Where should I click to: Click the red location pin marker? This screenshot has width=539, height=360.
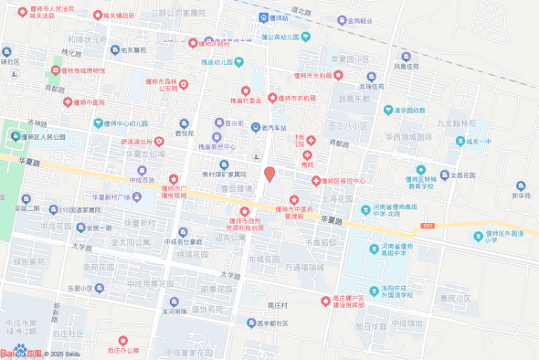[x=269, y=173]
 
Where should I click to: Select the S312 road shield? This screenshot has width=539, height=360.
[x=427, y=224]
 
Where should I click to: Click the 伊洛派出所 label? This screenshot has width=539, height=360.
[x=135, y=142]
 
